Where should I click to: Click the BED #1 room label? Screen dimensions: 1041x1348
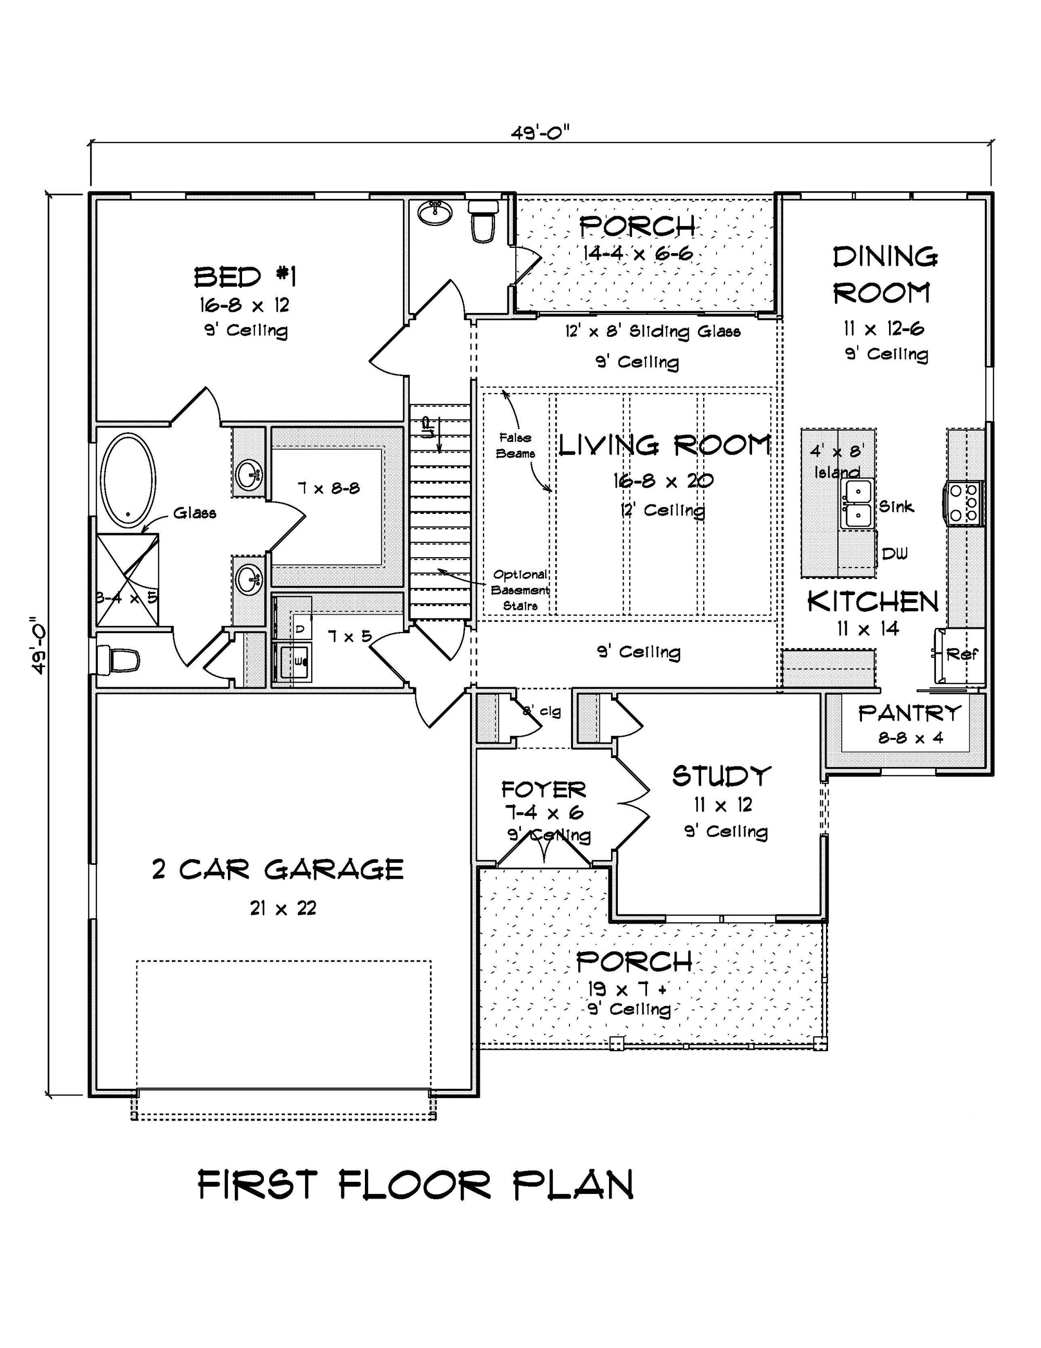pos(245,277)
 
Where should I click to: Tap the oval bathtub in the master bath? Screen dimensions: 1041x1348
pos(128,480)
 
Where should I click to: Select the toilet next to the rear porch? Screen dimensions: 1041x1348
pos(483,220)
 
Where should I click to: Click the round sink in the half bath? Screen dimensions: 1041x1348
pos(436,212)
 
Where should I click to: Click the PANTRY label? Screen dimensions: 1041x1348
pos(909,713)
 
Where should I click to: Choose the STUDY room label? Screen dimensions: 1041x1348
pos(721,776)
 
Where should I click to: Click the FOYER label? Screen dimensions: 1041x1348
pos(543,789)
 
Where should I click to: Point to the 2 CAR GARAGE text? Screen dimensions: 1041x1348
pos(277,870)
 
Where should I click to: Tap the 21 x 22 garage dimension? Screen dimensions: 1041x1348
pos(283,908)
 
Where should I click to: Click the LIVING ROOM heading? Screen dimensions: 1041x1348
pos(665,445)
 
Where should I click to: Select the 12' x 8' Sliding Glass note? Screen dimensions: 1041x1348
pos(653,332)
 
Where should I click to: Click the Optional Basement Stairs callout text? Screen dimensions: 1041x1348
pos(520,590)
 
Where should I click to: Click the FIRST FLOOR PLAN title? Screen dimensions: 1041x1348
pos(416,1185)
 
